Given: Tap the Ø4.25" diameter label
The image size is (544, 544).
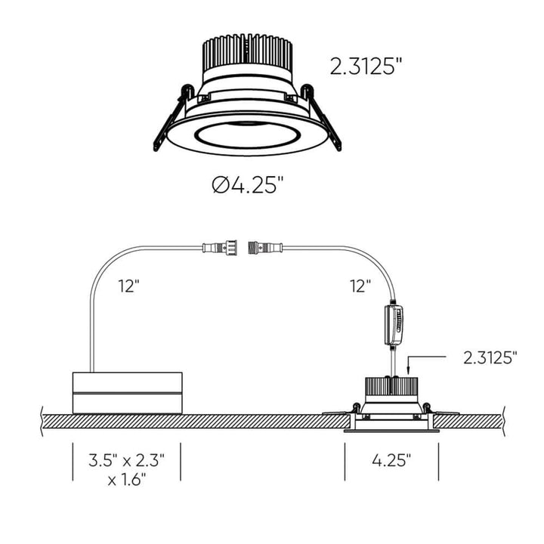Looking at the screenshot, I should click(x=249, y=184).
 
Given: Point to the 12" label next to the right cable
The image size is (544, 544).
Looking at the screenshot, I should click(x=361, y=286).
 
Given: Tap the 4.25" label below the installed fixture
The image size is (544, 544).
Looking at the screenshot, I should click(x=391, y=458).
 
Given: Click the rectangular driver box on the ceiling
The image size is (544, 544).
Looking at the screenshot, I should click(x=126, y=392).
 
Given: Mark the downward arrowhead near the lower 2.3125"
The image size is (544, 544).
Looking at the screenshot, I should click(x=408, y=370).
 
